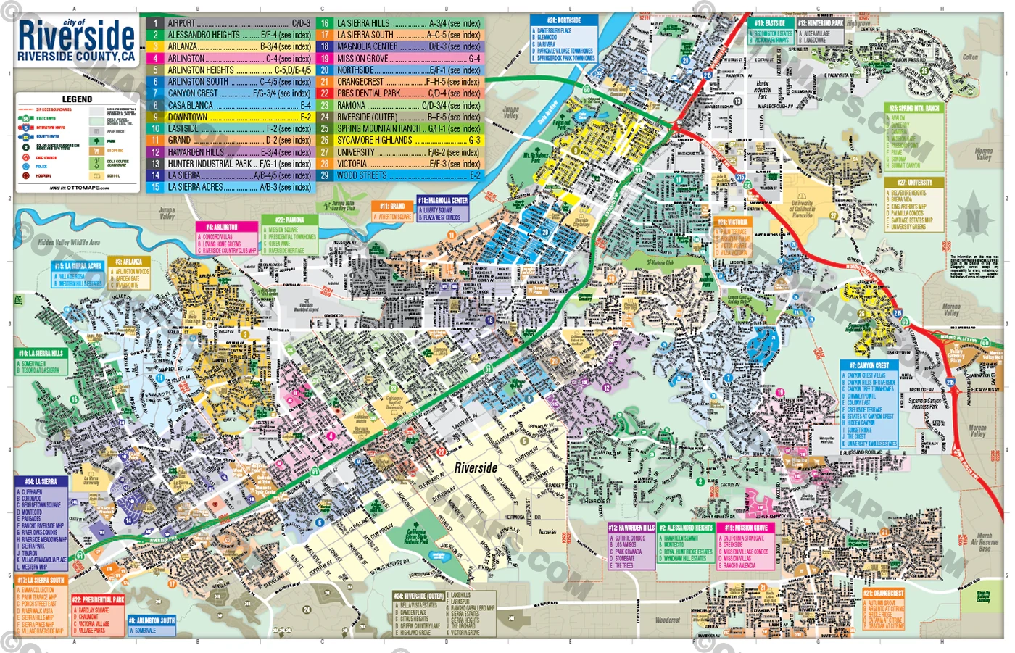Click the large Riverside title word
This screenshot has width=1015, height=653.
coord(76,36)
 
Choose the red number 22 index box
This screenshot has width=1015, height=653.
coord(325,93)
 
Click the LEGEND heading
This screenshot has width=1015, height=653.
coord(77,99)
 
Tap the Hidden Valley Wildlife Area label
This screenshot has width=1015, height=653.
coord(69,243)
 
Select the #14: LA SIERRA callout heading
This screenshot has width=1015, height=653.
coord(41,481)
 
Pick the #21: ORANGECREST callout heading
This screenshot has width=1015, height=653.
coord(883,594)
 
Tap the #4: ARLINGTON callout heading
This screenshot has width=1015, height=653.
coord(222,227)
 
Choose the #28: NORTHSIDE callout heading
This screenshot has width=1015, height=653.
coord(563,20)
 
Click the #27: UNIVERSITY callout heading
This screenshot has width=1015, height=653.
coord(914,183)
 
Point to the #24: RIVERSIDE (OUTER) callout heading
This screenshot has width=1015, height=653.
coord(419,596)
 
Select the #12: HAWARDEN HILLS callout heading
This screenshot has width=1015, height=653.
coord(631,528)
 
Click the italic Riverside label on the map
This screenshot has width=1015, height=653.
coord(476,467)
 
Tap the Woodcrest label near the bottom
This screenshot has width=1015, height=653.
coord(668,620)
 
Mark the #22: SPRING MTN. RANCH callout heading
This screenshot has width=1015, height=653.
coord(914,108)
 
